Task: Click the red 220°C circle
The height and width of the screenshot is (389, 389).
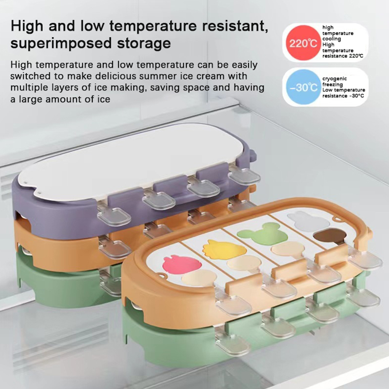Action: click(303, 43)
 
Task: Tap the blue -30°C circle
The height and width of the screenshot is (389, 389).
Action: click(303, 87)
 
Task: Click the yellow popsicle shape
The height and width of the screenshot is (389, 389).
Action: click(222, 249)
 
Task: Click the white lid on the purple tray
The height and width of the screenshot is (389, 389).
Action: click(132, 163)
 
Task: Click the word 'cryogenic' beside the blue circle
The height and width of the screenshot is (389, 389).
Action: click(334, 79)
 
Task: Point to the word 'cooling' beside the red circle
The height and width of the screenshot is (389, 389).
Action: click(332, 39)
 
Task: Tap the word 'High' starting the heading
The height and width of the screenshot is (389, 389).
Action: click(27, 26)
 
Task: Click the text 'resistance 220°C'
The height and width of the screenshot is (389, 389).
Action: click(343, 56)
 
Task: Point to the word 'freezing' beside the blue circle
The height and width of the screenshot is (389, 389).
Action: click(332, 84)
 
